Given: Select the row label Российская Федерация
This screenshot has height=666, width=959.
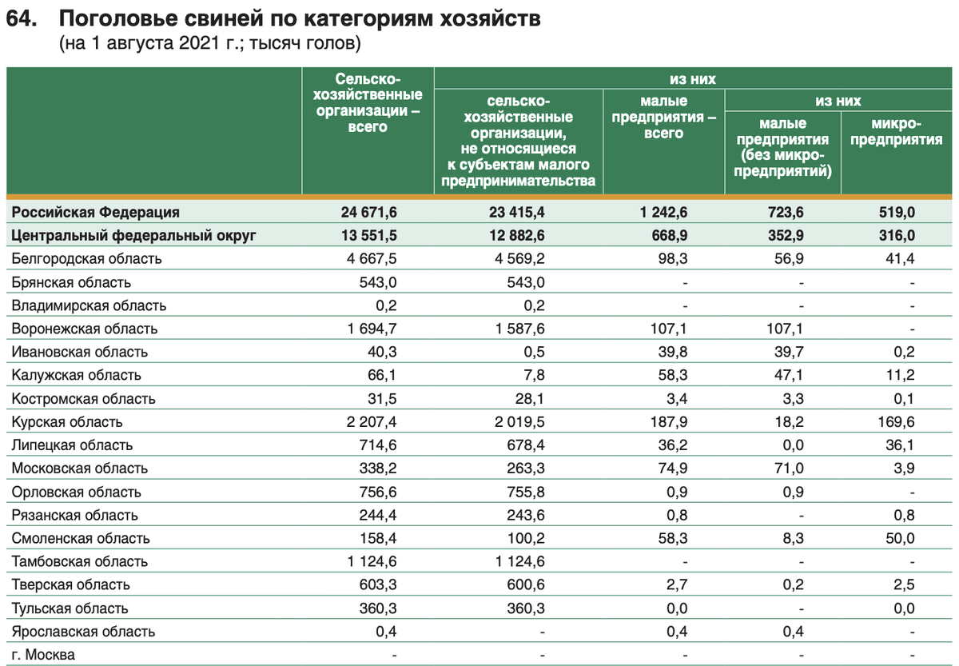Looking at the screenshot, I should [96, 212].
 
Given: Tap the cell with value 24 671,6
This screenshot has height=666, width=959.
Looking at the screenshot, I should [369, 212].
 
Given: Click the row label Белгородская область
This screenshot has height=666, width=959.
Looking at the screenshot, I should [87, 258].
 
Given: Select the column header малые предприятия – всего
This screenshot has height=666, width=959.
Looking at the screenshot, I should [663, 118].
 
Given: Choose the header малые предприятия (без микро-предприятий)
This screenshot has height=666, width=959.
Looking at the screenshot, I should [782, 147].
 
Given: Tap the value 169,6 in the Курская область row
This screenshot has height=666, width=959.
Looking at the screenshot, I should [898, 421].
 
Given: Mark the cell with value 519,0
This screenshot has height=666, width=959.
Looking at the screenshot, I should [898, 212].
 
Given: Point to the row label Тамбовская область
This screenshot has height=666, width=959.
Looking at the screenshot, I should [80, 561].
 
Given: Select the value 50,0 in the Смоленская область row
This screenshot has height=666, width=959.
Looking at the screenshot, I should [900, 538].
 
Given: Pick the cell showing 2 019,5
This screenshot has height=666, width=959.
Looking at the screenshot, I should [519, 421].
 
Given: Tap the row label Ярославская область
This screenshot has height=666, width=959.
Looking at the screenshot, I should [84, 632].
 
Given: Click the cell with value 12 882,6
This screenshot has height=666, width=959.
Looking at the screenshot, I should [517, 235].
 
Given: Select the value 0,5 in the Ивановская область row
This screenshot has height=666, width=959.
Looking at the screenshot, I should [535, 352].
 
